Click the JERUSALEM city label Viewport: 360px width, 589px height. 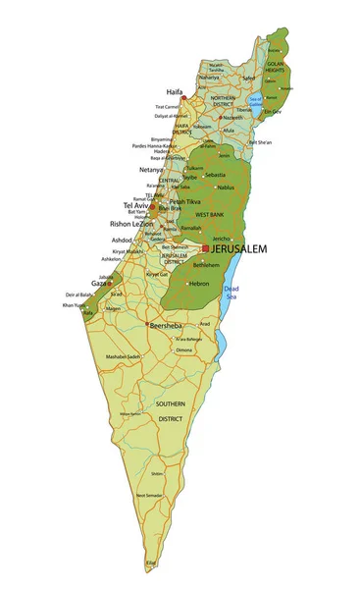(239, 249)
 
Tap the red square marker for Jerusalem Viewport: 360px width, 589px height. (205, 248)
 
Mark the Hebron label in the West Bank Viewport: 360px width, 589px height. (199, 284)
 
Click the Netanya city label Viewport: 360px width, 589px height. (151, 169)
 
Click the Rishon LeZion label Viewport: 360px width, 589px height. (130, 224)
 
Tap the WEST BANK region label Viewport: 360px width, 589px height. (210, 214)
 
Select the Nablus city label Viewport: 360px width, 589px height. (226, 187)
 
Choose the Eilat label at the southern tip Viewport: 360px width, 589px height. (151, 562)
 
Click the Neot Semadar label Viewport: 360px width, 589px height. (148, 496)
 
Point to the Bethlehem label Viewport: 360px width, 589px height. (206, 265)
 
